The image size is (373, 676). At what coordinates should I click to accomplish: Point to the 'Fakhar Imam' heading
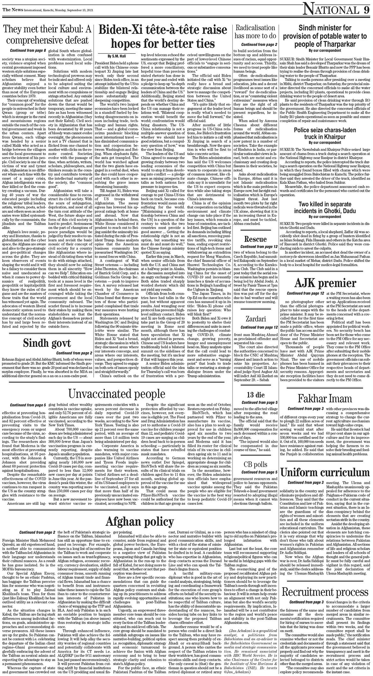tap(325, 398)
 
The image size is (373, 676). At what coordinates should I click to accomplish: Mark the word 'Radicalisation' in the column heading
tap(255, 27)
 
